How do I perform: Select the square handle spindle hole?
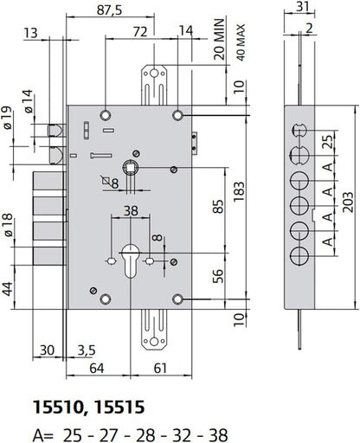pos(132,167)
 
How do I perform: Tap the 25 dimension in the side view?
pos(325,141)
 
